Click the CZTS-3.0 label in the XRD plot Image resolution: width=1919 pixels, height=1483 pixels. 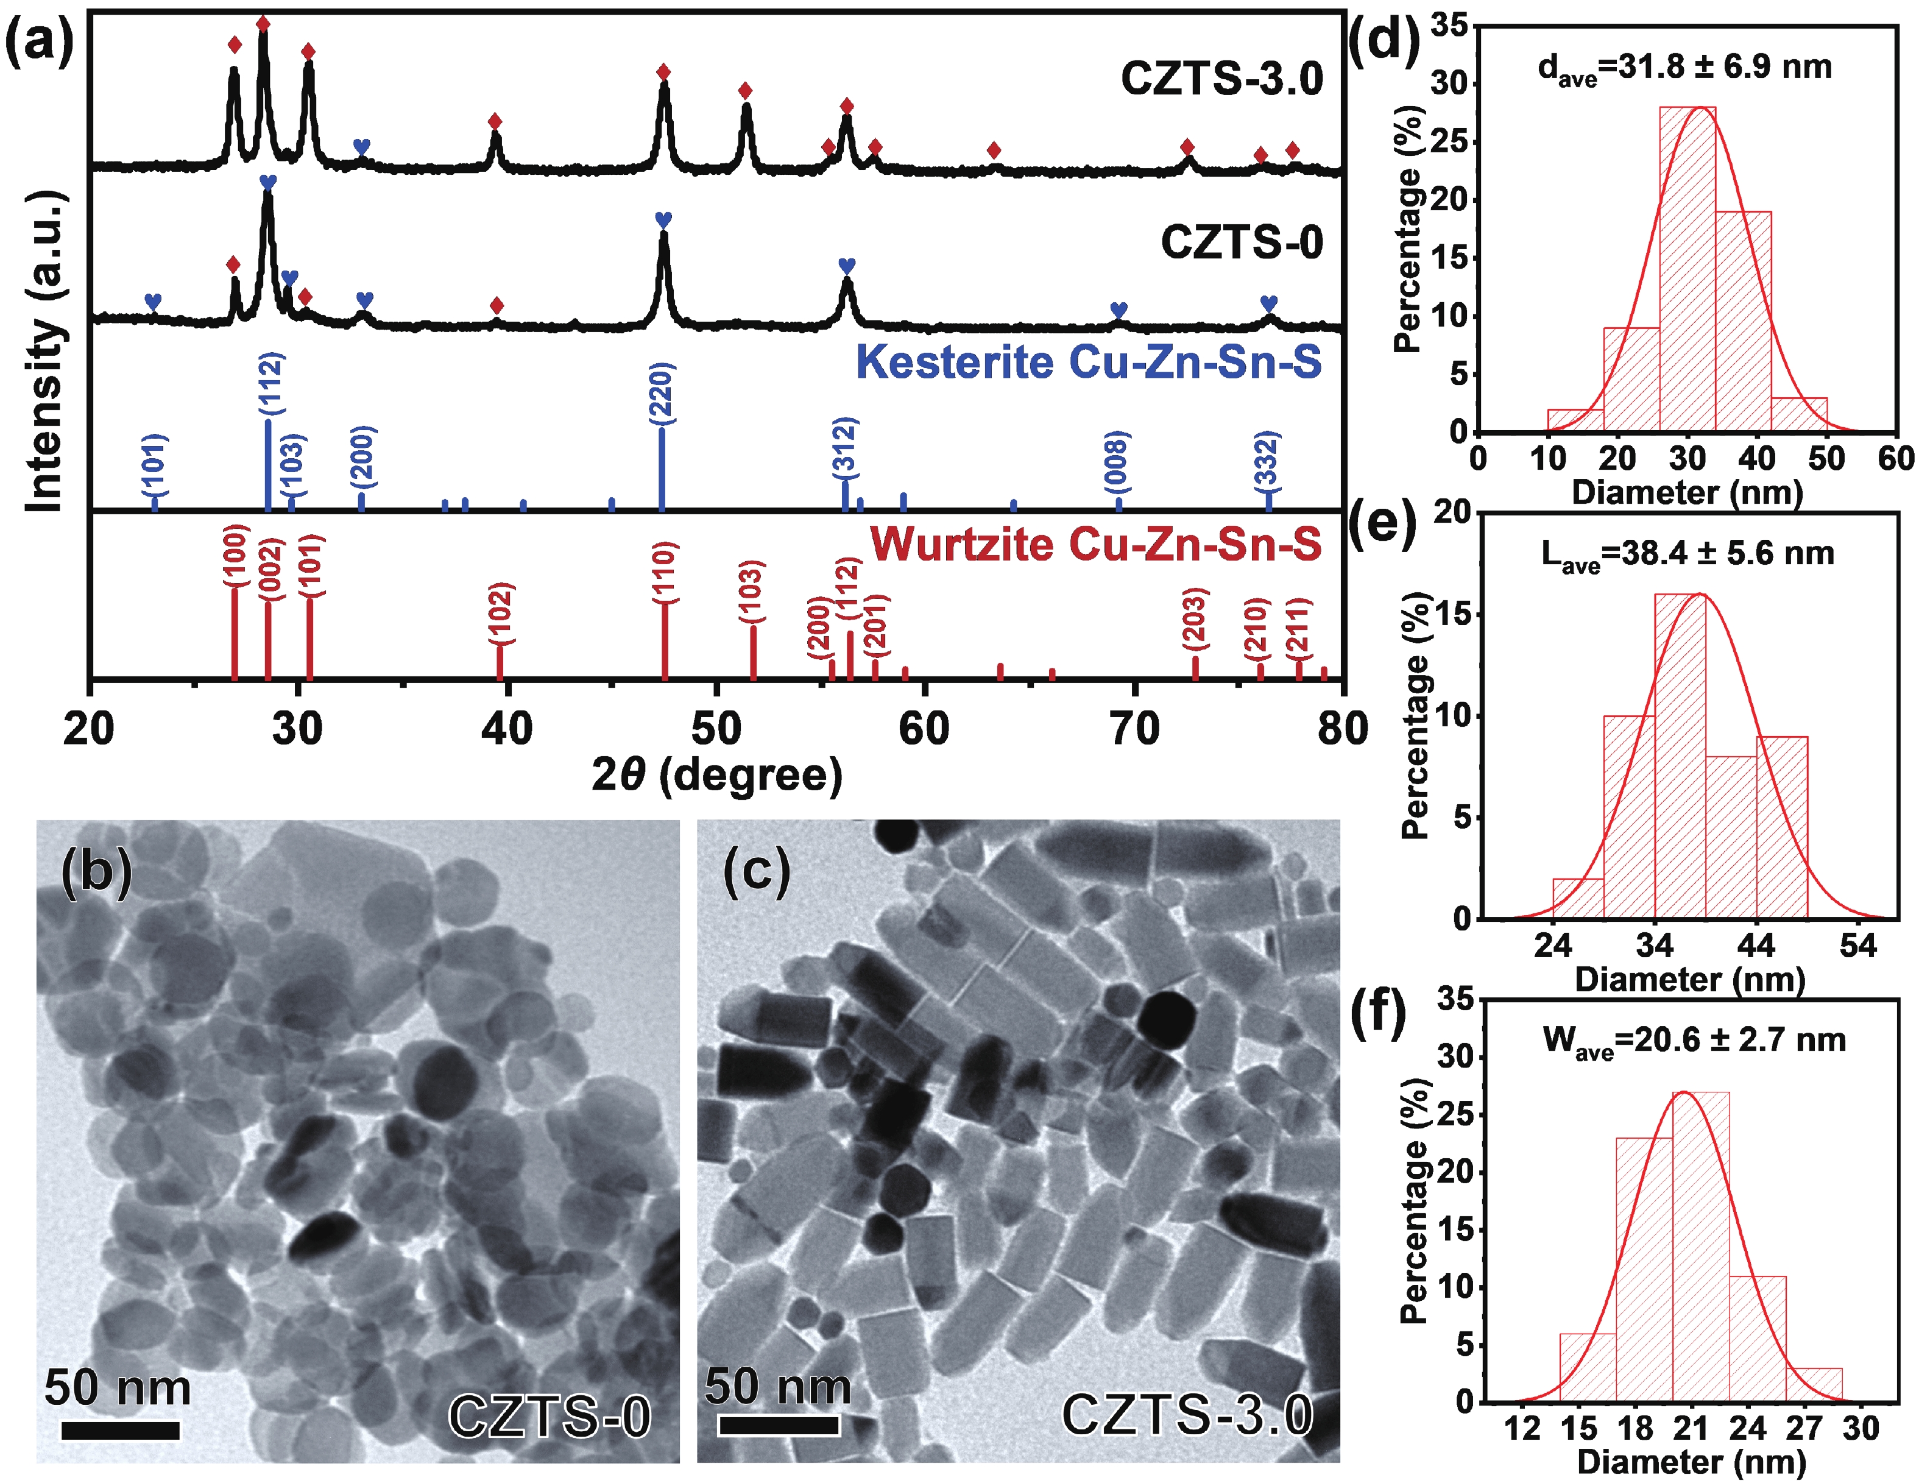(1221, 79)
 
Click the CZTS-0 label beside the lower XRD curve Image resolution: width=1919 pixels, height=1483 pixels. (1242, 242)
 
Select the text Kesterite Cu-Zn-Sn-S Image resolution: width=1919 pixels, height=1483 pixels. (1089, 362)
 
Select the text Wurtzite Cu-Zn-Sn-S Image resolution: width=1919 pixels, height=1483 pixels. (1096, 544)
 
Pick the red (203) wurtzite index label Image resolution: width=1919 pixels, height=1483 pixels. (1195, 620)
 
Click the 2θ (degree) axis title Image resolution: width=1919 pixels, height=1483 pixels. (716, 775)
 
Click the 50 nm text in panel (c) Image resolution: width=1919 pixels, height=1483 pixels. (777, 1386)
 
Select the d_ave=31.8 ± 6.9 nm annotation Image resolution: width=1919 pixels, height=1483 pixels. (1684, 68)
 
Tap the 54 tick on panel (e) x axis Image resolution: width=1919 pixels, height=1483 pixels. (1858, 946)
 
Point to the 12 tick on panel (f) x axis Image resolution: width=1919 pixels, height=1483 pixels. (1522, 1429)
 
